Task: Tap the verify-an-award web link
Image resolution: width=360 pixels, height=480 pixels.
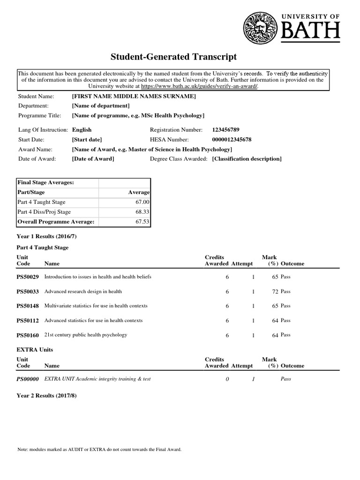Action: click(199, 86)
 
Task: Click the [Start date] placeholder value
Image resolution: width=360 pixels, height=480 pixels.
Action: click(87, 139)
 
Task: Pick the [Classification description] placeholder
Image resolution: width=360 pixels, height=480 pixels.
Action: click(247, 159)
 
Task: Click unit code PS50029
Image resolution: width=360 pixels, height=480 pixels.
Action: click(28, 277)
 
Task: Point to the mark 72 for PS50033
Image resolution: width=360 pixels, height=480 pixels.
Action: click(275, 292)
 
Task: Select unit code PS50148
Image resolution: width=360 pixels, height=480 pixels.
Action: click(28, 306)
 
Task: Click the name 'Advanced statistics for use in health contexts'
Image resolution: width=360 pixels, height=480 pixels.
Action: click(93, 321)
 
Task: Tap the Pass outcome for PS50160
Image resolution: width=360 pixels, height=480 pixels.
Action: click(285, 335)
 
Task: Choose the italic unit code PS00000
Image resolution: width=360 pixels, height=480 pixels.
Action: click(28, 379)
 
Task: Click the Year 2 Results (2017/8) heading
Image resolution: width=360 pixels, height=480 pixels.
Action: click(46, 395)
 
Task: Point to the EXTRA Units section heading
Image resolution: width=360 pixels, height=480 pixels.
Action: click(35, 349)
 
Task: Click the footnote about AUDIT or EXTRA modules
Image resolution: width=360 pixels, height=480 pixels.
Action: click(99, 449)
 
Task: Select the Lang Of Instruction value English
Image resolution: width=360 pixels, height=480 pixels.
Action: click(82, 129)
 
